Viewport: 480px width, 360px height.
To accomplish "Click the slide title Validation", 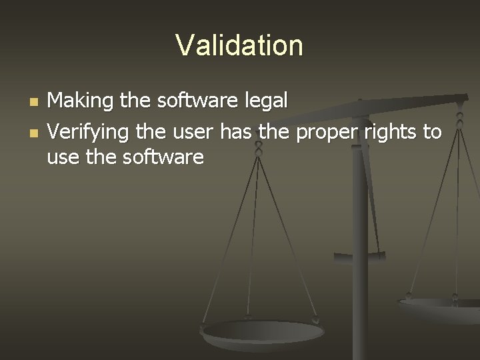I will coord(239,45).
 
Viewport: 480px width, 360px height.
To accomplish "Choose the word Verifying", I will coord(89,133).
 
